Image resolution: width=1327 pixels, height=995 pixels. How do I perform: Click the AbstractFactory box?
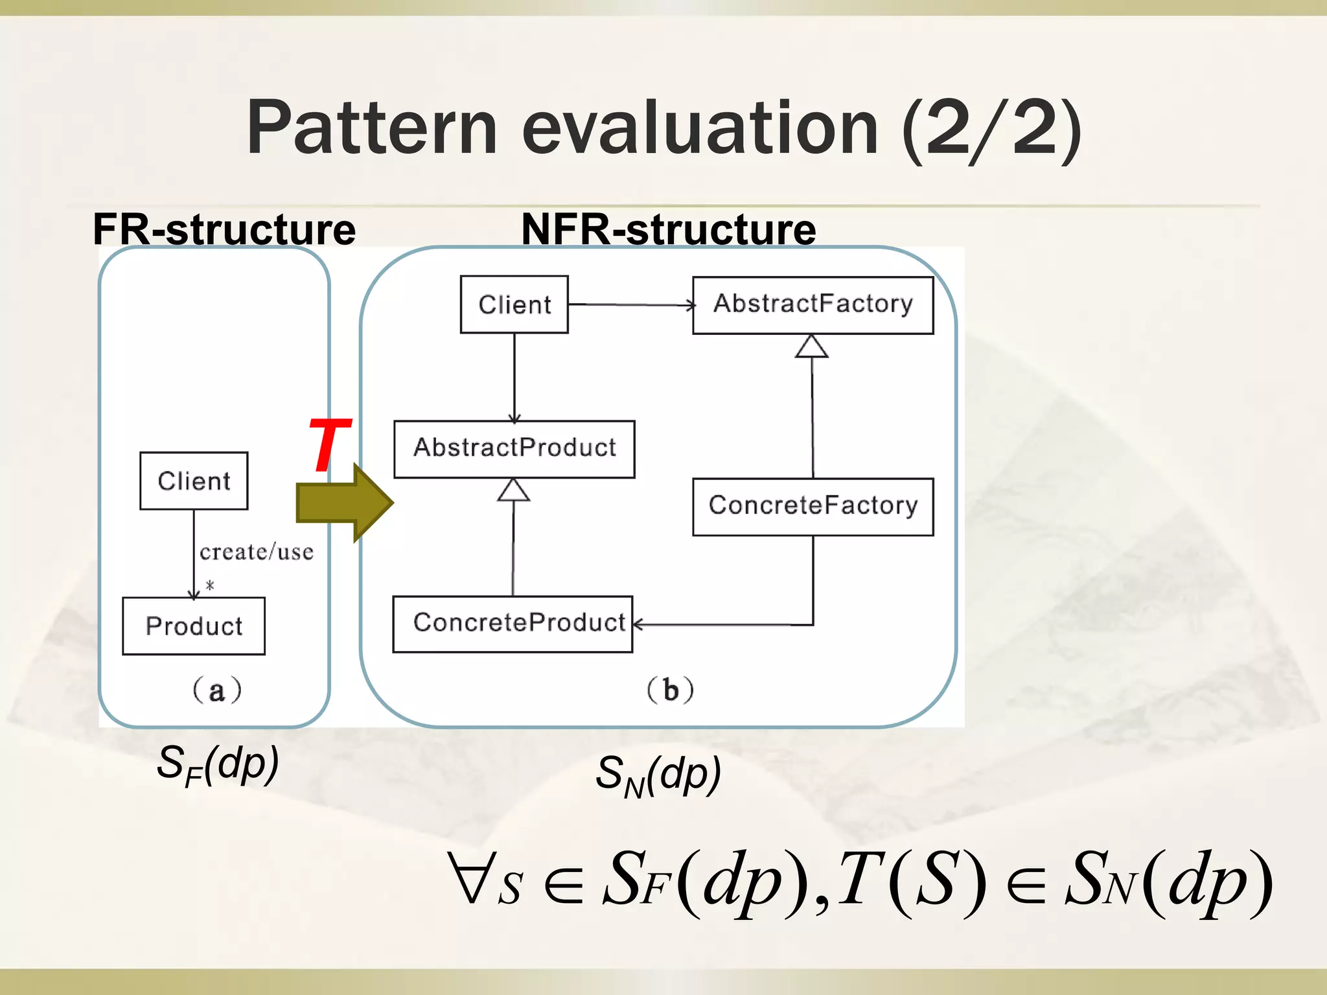[813, 305]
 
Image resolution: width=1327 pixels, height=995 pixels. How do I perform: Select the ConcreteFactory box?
[813, 507]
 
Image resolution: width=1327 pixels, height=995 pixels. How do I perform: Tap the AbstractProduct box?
[514, 449]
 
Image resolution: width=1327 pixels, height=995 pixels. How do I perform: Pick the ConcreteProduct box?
[513, 624]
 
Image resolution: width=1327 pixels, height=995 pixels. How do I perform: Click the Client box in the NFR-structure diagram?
[514, 304]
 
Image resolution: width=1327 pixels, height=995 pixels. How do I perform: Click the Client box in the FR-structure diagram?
[194, 481]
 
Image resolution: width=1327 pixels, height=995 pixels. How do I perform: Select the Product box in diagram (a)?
[194, 626]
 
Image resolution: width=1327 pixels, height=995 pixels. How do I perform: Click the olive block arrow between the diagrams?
[344, 503]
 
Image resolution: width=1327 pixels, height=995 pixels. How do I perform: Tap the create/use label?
[257, 552]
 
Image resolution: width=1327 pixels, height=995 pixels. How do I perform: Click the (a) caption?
[217, 691]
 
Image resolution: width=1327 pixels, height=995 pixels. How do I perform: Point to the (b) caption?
[671, 691]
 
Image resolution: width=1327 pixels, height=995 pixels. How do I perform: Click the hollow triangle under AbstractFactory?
[812, 347]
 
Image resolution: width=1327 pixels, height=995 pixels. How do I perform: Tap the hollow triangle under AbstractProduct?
[514, 490]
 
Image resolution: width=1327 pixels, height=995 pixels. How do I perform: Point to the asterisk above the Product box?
[210, 586]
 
